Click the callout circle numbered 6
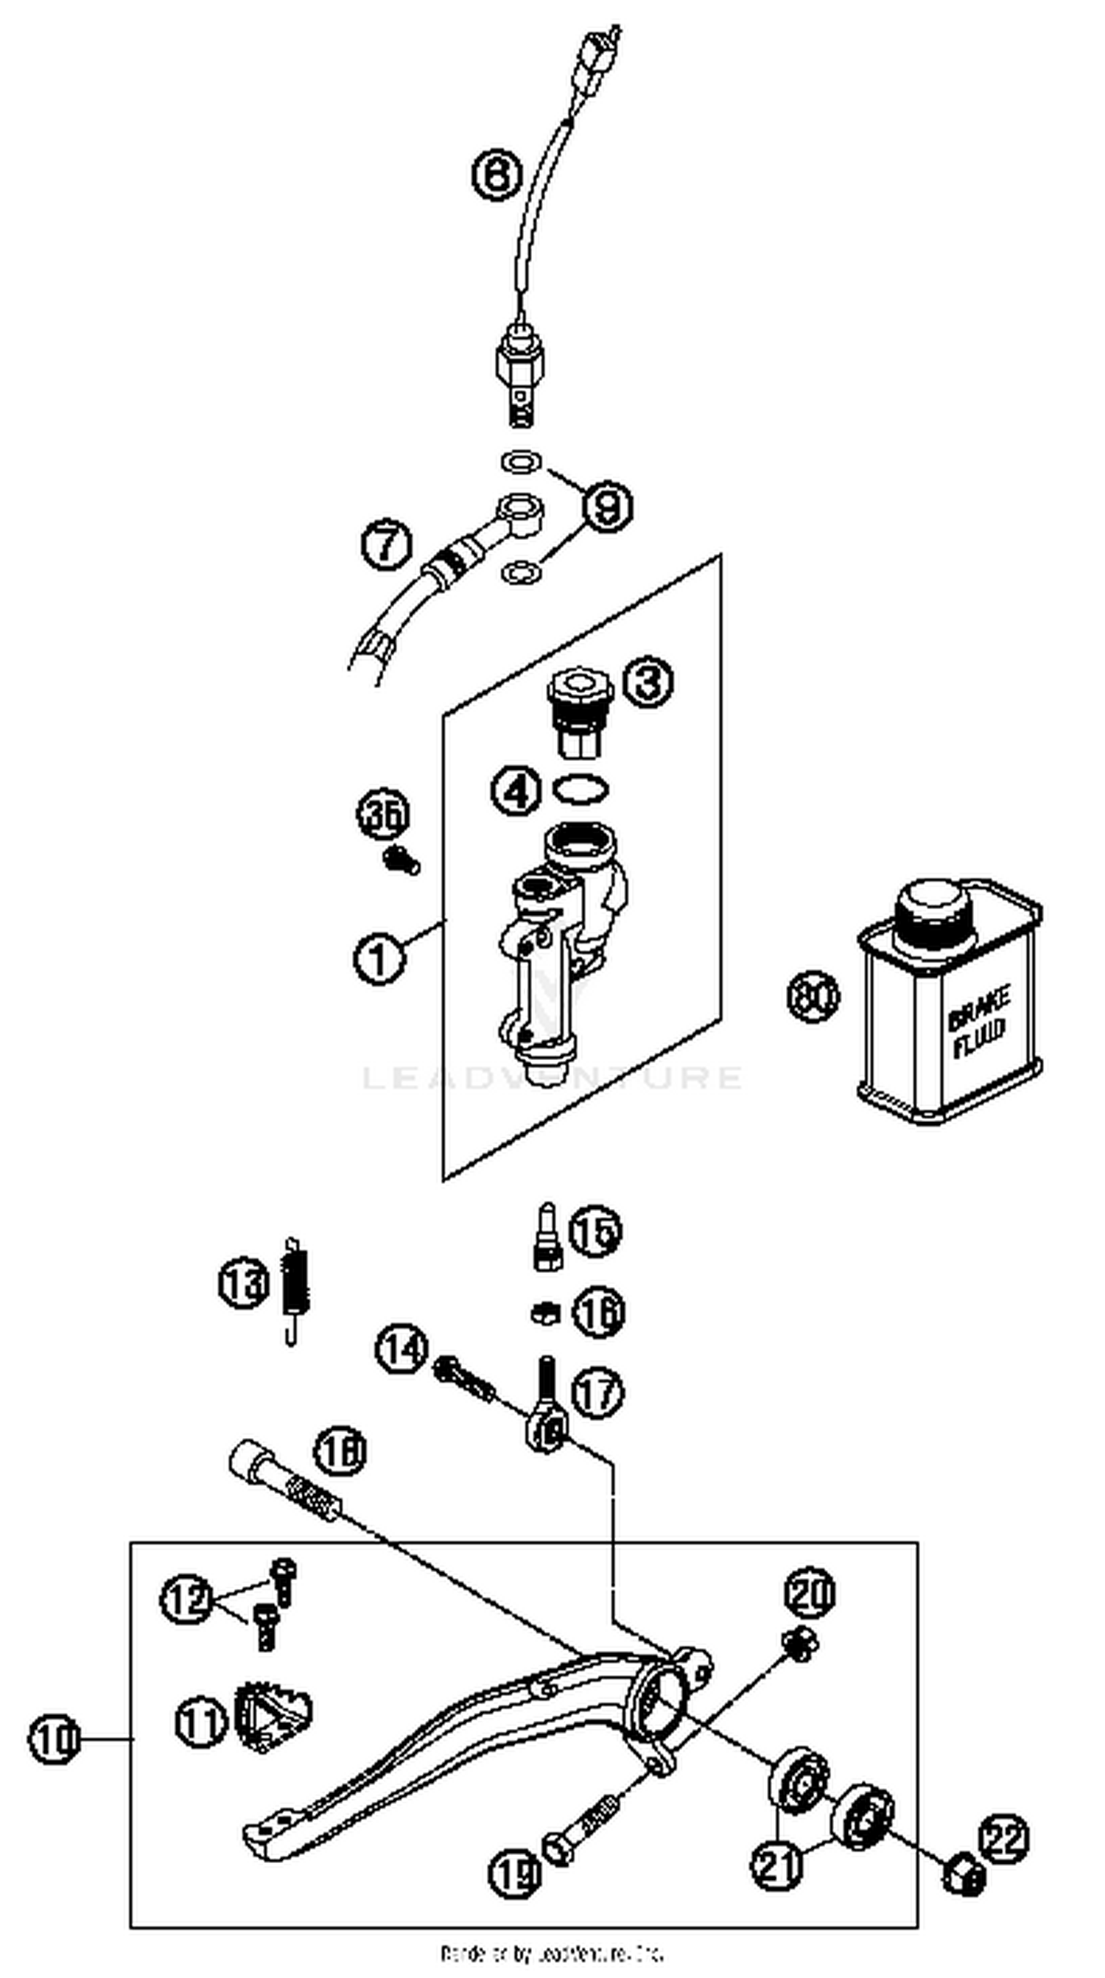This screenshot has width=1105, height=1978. click(496, 175)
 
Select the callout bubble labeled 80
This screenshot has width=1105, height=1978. click(813, 997)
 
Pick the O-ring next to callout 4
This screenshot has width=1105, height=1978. click(581, 788)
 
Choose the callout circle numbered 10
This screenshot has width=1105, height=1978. click(54, 1739)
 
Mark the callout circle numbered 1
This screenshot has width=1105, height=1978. click(379, 958)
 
